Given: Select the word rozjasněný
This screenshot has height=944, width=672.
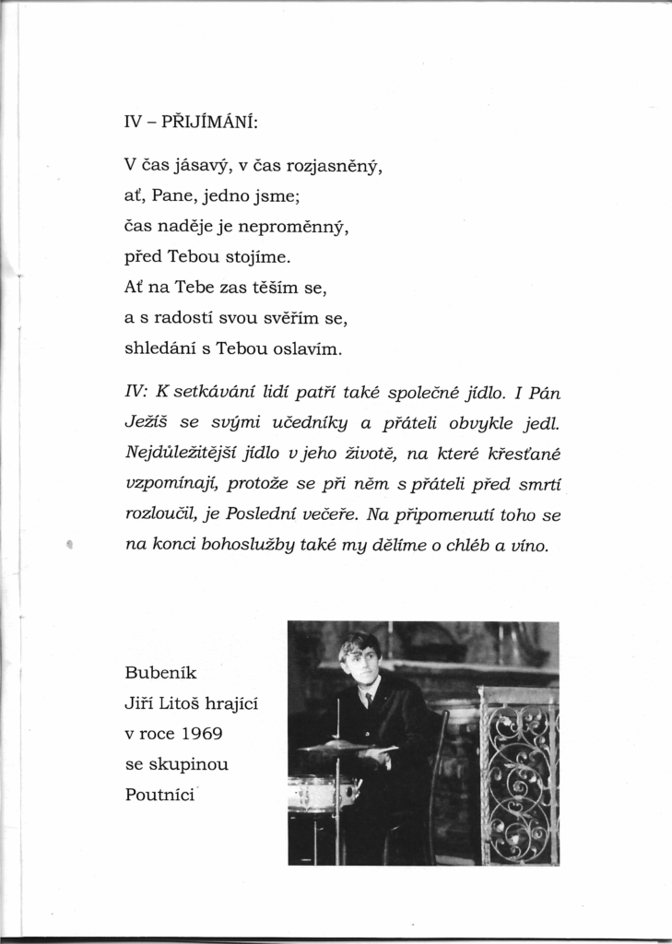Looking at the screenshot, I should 334,168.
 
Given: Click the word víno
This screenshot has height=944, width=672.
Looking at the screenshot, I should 528,544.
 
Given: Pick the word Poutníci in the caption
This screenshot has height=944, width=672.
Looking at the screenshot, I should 159,795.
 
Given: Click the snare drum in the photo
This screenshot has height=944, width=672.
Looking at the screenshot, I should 322,792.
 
